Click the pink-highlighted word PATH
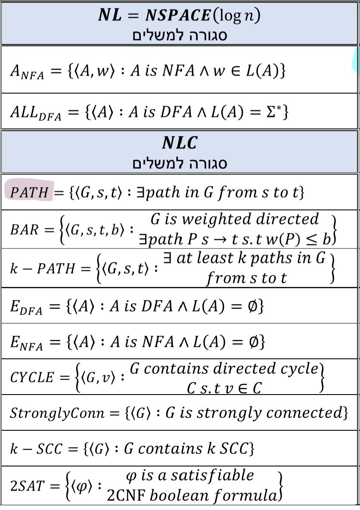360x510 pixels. click(x=29, y=192)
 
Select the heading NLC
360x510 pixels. click(x=179, y=143)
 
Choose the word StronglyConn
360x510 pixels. click(x=57, y=413)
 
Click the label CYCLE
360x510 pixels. click(x=32, y=378)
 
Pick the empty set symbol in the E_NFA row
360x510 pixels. click(x=250, y=342)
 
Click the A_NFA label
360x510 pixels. click(x=27, y=72)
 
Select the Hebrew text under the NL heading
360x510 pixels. click(x=179, y=34)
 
